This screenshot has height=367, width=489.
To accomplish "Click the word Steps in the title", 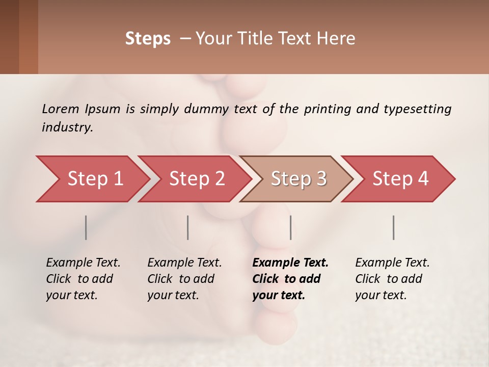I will (x=148, y=39).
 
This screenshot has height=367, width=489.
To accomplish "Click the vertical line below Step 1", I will (x=86, y=227).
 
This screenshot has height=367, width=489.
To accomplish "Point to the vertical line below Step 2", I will (x=188, y=227).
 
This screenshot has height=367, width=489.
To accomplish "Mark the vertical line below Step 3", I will (x=291, y=227).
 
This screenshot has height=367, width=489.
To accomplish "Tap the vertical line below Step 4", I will (x=394, y=227).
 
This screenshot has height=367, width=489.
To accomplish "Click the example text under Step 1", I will (x=83, y=279).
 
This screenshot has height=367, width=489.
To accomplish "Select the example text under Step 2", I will (x=184, y=279).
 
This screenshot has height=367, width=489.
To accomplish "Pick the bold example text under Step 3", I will (x=290, y=279).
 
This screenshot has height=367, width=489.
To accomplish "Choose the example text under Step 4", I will (x=392, y=279).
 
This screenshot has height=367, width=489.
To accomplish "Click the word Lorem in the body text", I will (x=61, y=109).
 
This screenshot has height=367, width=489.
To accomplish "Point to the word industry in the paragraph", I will (x=67, y=127).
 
